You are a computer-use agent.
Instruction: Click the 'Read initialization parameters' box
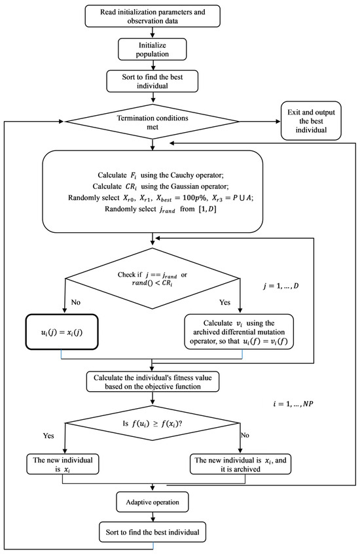[153, 18]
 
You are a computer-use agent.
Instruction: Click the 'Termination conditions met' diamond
[153, 122]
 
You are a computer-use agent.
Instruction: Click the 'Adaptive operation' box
[153, 504]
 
